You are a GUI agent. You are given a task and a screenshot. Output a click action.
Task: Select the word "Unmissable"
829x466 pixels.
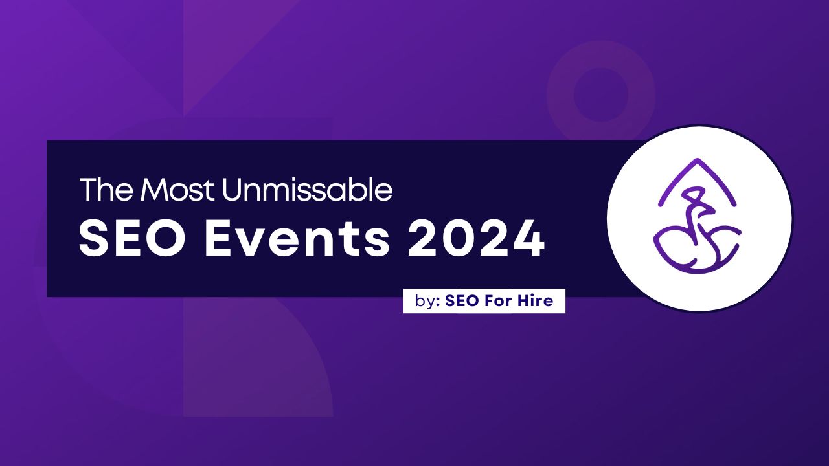(x=307, y=190)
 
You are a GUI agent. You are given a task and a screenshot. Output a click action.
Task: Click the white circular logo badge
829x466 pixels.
(x=699, y=218)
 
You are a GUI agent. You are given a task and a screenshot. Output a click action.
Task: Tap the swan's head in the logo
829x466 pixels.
(x=695, y=194)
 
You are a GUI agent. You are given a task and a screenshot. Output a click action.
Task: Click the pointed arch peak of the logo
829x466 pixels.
(x=697, y=162)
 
